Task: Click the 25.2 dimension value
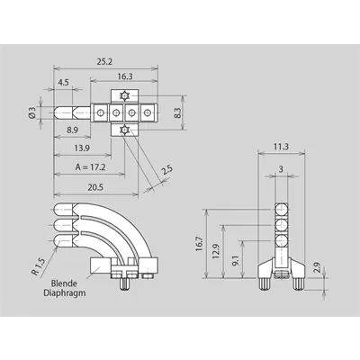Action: click(x=104, y=61)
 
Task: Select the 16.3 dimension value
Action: click(x=125, y=76)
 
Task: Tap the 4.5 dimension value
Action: click(x=64, y=83)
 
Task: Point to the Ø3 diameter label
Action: click(x=32, y=112)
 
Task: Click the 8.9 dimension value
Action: click(x=72, y=130)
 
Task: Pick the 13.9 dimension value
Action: click(x=82, y=148)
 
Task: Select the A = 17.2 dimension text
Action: click(x=90, y=166)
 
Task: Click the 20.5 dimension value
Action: click(x=95, y=187)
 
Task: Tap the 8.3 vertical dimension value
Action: click(x=178, y=112)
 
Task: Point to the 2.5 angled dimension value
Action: click(x=166, y=170)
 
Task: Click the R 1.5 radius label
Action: click(x=38, y=267)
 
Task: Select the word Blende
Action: click(x=64, y=283)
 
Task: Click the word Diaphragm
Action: click(x=65, y=292)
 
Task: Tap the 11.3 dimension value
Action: click(x=281, y=147)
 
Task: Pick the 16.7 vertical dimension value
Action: click(x=200, y=244)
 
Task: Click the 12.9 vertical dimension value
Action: click(x=216, y=251)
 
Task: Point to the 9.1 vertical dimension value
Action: click(x=236, y=261)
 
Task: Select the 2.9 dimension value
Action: click(x=318, y=267)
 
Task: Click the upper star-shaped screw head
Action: click(x=124, y=96)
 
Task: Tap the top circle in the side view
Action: click(x=282, y=208)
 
